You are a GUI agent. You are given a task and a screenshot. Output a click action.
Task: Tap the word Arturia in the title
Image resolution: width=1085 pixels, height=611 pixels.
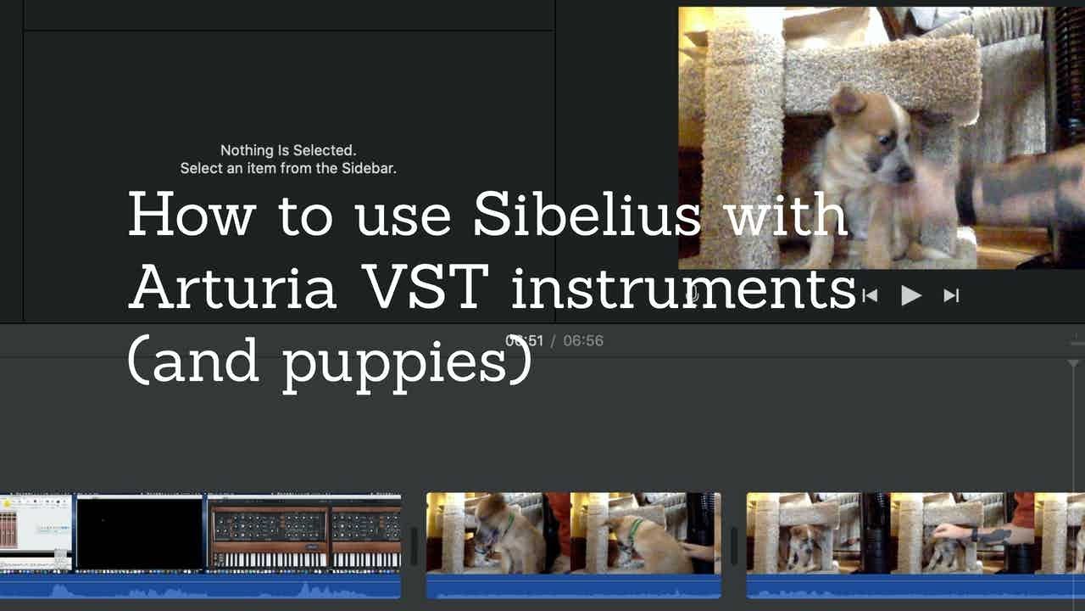tap(232, 287)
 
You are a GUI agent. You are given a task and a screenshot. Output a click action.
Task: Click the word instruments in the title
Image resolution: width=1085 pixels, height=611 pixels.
tap(683, 287)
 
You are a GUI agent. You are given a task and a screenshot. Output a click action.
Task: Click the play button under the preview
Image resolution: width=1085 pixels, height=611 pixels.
tap(911, 295)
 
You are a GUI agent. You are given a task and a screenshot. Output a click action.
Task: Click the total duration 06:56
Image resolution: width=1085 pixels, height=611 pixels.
tap(583, 340)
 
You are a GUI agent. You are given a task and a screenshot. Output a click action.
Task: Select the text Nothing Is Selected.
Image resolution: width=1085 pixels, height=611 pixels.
tap(288, 151)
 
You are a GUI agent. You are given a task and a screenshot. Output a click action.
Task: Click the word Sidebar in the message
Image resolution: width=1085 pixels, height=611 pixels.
tap(367, 168)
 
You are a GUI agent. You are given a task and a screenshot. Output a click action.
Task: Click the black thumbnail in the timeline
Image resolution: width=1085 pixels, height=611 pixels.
tap(140, 533)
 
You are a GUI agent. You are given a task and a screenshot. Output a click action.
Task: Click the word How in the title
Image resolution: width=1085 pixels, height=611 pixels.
tap(191, 214)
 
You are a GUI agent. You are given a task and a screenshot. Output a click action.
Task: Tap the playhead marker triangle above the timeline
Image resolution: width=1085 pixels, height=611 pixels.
tap(1073, 364)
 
